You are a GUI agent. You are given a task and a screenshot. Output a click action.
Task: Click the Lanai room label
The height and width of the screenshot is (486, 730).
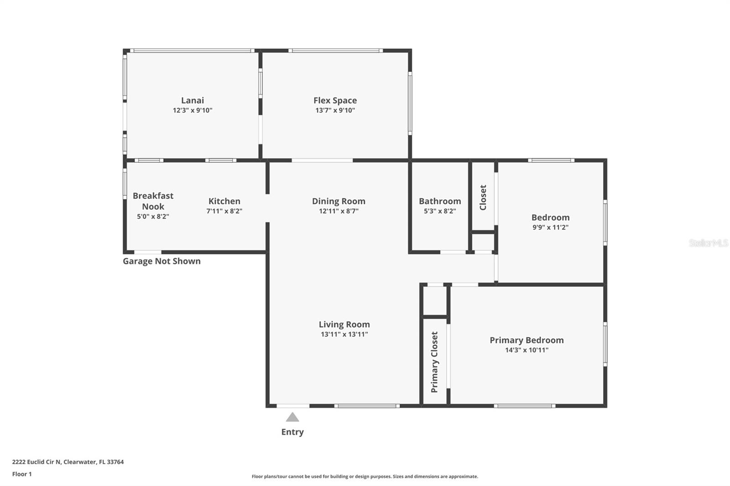coord(193,100)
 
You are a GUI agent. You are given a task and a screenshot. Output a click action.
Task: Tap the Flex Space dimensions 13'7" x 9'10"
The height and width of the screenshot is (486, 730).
coord(335,110)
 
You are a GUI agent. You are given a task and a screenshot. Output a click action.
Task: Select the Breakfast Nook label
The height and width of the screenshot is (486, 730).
coord(153,201)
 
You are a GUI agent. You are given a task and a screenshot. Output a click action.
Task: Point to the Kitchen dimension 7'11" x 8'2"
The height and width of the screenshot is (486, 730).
coord(224,211)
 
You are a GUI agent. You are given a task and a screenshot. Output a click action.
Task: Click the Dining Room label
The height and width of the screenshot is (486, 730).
coord(339,201)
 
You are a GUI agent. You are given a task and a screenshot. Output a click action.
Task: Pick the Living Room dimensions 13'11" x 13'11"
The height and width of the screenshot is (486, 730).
coord(344,334)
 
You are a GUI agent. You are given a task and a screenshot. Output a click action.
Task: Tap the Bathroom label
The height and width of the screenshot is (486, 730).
coord(440,201)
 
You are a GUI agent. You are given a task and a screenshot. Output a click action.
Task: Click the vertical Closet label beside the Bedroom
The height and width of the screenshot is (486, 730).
coord(483,197)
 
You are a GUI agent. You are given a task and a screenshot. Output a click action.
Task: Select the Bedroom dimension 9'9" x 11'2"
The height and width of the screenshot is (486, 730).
coord(550,227)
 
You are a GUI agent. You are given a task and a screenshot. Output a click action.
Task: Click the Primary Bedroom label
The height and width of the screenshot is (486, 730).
coord(527,340)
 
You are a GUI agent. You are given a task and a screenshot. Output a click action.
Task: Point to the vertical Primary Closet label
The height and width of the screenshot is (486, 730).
coord(434,362)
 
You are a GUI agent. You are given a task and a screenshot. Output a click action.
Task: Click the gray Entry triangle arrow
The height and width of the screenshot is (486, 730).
coord(292,417)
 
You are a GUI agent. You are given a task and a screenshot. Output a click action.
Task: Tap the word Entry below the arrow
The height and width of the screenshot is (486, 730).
coord(292,432)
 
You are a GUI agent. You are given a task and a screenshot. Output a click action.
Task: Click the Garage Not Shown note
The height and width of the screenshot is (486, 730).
coord(162,261)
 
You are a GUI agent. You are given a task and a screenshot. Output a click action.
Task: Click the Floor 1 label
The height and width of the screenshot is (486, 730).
coord(22,474)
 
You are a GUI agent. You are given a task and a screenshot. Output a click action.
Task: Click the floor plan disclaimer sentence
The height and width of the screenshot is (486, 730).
coord(365,476)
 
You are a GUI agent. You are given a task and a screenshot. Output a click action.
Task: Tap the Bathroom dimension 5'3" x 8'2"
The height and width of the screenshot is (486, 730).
coord(440,211)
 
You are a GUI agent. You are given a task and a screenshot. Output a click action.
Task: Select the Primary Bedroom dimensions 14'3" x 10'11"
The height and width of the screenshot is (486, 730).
coord(527,350)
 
